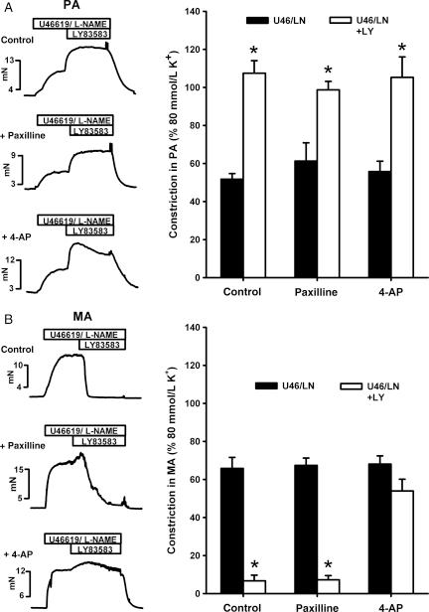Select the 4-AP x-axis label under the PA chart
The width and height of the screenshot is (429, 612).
pyautogui.click(x=391, y=293)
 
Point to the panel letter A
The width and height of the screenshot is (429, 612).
pyautogui.click(x=8, y=8)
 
